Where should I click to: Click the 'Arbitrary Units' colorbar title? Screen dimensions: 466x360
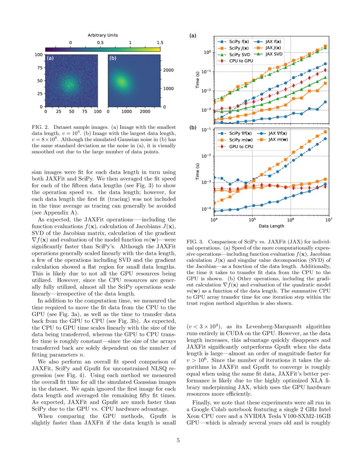coord(102,35)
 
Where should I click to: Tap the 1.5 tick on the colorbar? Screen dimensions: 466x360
coord(160,43)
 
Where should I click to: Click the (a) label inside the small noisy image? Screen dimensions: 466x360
coord(50,58)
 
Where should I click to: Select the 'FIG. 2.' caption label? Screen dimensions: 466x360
coord(41,127)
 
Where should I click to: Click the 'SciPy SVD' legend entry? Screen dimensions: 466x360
coord(233,55)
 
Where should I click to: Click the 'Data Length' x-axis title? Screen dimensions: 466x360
coord(271,225)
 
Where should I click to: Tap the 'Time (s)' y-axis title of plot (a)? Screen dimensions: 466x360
coord(197,80)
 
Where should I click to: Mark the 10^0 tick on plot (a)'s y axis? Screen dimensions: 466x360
coord(208,52)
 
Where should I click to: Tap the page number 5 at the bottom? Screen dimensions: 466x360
coord(178,440)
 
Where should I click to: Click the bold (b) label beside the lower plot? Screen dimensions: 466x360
coord(193,127)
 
